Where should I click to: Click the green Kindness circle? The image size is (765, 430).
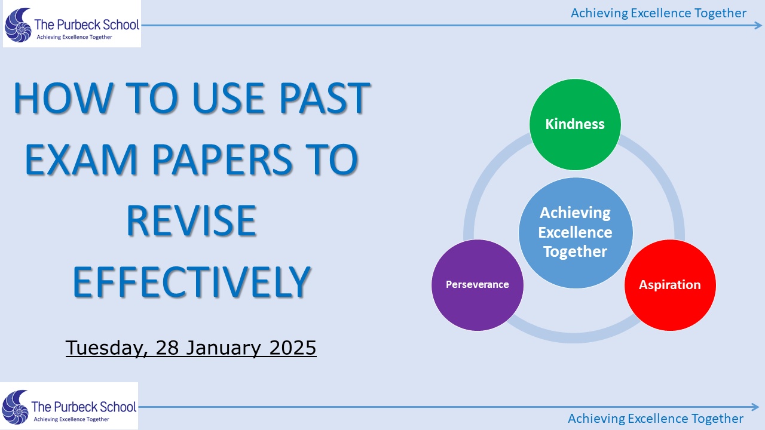(575, 125)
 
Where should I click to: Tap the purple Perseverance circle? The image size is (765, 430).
(478, 285)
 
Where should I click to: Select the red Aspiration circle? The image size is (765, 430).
(671, 285)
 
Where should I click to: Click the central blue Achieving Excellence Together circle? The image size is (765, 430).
(576, 233)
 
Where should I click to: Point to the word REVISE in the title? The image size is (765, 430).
(192, 220)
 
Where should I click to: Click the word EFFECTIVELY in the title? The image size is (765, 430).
(192, 282)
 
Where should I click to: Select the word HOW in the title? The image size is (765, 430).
(63, 98)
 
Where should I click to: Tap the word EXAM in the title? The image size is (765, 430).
(81, 159)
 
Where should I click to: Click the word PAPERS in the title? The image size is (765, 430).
(222, 159)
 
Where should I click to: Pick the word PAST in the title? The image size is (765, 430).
(325, 98)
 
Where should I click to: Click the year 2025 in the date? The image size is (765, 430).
(293, 348)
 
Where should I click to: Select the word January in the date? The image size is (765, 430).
(223, 348)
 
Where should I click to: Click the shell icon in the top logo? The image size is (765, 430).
(18, 25)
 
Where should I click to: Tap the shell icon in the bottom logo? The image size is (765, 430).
(15, 407)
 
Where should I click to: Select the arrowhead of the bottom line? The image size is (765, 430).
(755, 407)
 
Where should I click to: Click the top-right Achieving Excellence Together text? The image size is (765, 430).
(659, 13)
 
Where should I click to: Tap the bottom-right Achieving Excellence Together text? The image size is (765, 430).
(656, 419)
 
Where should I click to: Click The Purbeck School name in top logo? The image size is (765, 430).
(87, 25)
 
